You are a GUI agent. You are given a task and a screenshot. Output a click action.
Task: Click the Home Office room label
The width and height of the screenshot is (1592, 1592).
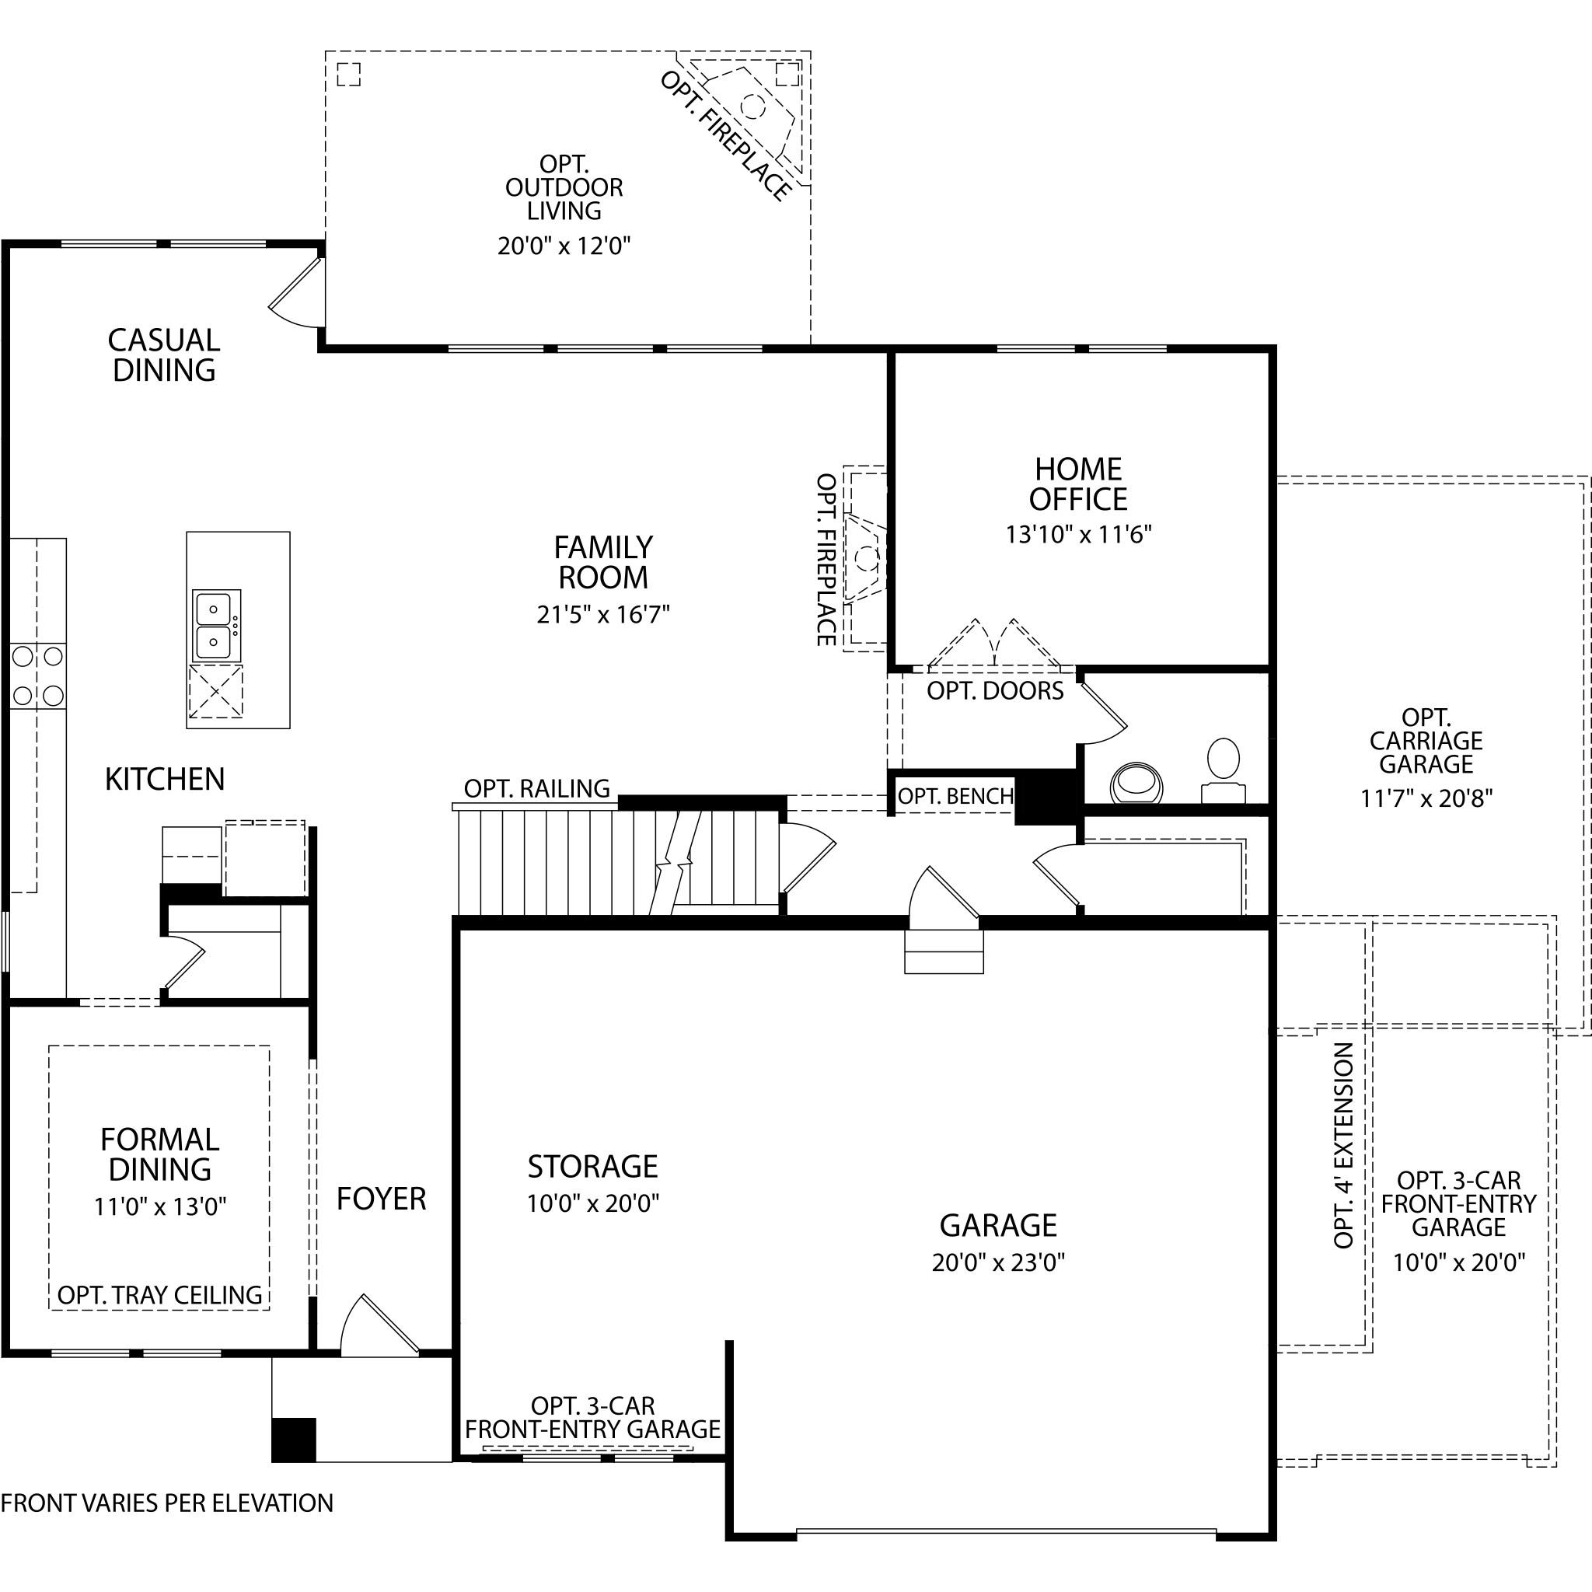(x=1078, y=484)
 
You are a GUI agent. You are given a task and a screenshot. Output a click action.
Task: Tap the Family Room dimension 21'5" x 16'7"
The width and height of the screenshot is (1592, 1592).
(x=603, y=615)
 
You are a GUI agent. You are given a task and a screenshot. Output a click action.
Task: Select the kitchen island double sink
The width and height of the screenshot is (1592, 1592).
(x=217, y=625)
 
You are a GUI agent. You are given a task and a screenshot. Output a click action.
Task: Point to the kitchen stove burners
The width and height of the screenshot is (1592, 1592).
(x=38, y=676)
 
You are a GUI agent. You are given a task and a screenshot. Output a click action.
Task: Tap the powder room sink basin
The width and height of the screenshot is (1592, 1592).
(x=1137, y=783)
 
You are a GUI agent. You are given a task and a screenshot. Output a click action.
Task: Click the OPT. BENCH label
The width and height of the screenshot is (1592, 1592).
(x=955, y=796)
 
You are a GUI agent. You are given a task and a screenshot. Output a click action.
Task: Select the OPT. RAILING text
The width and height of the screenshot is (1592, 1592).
(x=537, y=788)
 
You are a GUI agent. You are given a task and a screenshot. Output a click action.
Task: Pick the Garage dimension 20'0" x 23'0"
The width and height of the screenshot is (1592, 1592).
(x=999, y=1262)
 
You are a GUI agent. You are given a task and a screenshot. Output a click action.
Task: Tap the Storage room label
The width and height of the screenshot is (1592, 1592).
(x=593, y=1167)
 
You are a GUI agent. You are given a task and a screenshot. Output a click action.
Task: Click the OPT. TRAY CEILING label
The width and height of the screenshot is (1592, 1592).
(x=160, y=1294)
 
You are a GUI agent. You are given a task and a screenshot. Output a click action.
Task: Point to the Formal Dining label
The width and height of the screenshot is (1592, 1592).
(x=160, y=1154)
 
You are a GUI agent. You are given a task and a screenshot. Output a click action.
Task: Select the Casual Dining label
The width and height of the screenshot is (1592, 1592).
(x=164, y=355)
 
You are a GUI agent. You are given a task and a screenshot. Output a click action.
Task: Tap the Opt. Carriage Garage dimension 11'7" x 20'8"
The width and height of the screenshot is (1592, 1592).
(x=1426, y=798)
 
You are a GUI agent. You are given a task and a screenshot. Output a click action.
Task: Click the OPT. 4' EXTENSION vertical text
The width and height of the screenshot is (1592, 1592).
(x=1343, y=1145)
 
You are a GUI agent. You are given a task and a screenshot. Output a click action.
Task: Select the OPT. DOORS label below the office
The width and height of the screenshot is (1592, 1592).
(x=996, y=690)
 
